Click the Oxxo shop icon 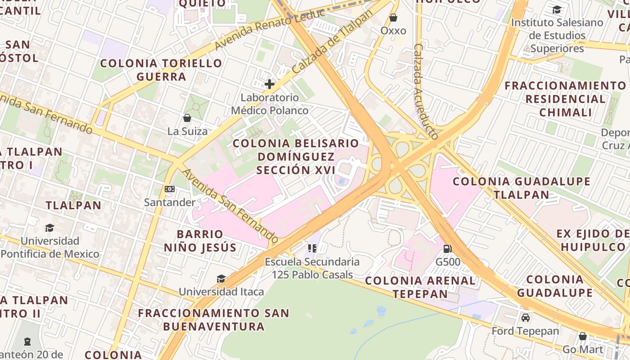[x=393, y=18]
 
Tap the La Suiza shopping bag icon [x=187, y=118]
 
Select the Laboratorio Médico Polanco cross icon [x=270, y=84]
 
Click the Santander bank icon [x=170, y=189]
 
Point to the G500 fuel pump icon [x=448, y=248]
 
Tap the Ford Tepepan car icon [x=525, y=318]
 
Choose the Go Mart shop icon [x=583, y=336]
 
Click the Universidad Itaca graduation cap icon [x=221, y=279]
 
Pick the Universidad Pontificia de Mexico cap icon [x=49, y=228]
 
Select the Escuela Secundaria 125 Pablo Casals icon [x=312, y=248]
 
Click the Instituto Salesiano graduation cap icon [x=557, y=10]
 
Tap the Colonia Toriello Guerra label [x=161, y=70]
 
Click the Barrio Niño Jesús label [x=200, y=241]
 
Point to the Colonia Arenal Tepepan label [x=420, y=287]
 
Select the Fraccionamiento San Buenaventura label [x=213, y=319]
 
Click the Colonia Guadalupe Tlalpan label [x=521, y=188]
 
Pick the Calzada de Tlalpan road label [x=333, y=42]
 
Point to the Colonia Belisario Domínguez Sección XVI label [x=296, y=157]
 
